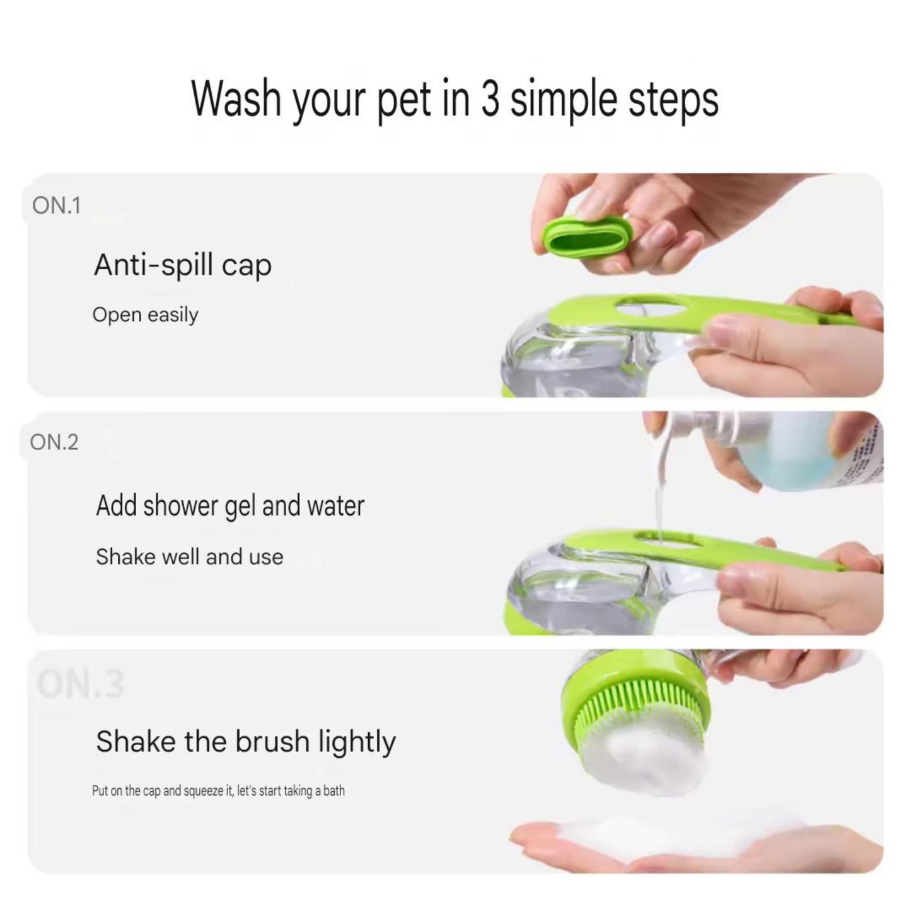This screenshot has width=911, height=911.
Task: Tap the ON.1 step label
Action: click(x=57, y=206)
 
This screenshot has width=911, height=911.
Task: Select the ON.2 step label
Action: click(x=54, y=443)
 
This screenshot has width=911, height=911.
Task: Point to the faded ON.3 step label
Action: click(x=81, y=684)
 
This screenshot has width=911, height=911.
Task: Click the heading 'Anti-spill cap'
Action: click(x=183, y=265)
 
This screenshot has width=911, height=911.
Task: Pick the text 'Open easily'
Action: click(x=145, y=314)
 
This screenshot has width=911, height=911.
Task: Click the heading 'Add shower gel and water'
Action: click(x=230, y=506)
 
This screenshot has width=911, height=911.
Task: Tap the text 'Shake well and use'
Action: click(x=189, y=557)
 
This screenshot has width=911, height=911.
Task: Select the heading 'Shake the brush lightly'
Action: click(x=246, y=741)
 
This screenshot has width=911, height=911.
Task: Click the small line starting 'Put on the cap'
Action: click(x=218, y=791)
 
